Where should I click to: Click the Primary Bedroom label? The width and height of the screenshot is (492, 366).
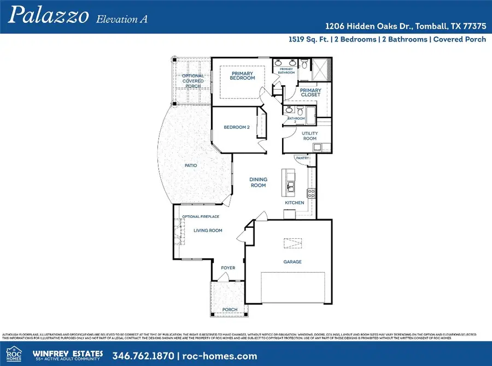coord(243,76)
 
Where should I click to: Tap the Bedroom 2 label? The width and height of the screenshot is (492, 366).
coord(237,127)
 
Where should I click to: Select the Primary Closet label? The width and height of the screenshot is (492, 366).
coord(311,92)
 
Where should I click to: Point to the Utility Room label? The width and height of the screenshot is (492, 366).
coord(309,136)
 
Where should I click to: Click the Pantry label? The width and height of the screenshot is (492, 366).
coord(302,158)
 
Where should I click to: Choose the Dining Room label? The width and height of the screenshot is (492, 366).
coord(258,182)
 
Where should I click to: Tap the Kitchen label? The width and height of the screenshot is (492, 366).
coord(294,203)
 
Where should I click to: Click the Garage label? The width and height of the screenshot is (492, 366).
coord(292,262)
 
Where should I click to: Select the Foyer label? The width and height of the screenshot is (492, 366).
coord(227,268)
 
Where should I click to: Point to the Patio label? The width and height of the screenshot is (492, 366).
coord(190,166)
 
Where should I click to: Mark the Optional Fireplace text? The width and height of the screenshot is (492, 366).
coord(201,216)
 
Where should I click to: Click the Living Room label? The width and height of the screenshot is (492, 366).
coord(208,231)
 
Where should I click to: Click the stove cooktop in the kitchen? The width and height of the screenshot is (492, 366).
coord(312,192)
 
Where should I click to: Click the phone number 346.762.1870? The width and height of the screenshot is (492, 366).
coord(143,356)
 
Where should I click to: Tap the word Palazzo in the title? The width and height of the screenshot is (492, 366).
coord(49,16)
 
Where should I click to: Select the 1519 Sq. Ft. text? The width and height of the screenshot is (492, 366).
coord(309,39)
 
